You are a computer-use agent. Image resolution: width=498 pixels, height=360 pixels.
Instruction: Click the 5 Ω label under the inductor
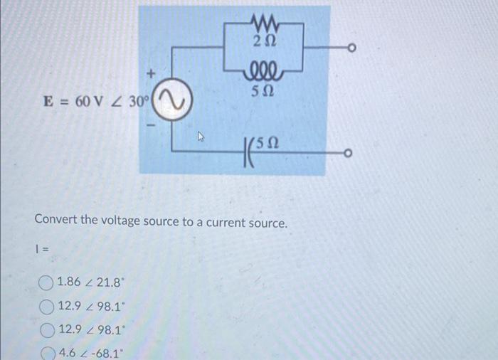pos(264,92)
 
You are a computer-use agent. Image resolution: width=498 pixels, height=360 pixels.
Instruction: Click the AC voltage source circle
pos(172,102)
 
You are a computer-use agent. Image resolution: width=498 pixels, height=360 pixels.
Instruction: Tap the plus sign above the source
pos(150,73)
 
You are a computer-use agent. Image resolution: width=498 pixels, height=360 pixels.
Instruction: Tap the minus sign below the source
pos(150,125)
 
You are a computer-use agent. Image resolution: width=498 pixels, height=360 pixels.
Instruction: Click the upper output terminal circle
pos(350,49)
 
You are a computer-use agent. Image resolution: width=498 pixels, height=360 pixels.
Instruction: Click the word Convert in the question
pos(55,223)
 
